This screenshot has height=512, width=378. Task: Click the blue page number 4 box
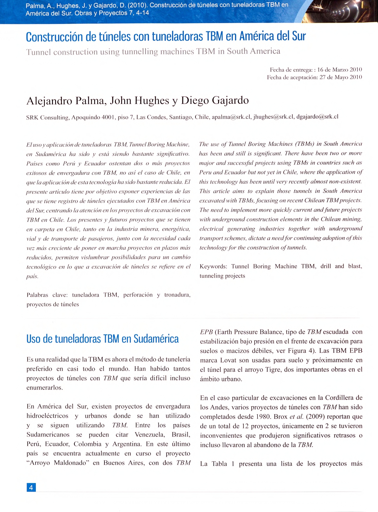tap(31, 487)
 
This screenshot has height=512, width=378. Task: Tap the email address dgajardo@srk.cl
tap(317, 116)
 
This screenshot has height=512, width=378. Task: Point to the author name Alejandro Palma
tap(66, 101)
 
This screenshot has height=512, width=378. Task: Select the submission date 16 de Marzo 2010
tap(340, 70)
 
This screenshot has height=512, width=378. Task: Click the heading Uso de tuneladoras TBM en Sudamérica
tap(102, 339)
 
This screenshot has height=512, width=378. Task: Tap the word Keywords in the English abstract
tap(213, 266)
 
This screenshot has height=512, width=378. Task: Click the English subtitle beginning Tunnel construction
tap(153, 51)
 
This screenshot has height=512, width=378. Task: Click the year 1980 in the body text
tap(263, 417)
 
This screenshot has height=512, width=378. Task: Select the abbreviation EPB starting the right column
tap(206, 332)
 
